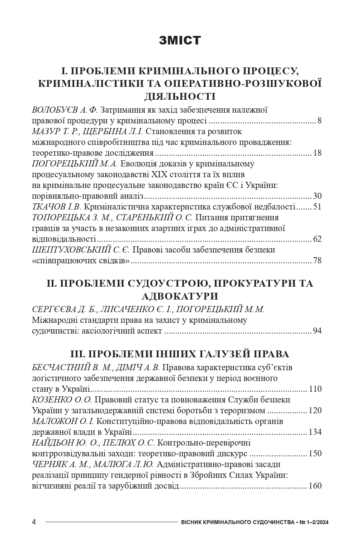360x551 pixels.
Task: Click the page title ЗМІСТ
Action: [180, 41]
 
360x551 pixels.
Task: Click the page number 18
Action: [317, 153]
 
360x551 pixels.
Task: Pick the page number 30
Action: [317, 196]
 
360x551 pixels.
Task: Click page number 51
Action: [317, 207]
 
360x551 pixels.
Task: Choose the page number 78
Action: [317, 260]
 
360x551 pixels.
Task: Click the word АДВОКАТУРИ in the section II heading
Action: [180, 296]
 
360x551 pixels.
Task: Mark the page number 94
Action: [317, 331]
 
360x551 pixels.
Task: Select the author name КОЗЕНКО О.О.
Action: [62, 400]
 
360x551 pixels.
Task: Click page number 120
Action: [315, 410]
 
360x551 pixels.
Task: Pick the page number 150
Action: [315, 453]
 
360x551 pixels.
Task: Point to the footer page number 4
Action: [34, 522]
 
